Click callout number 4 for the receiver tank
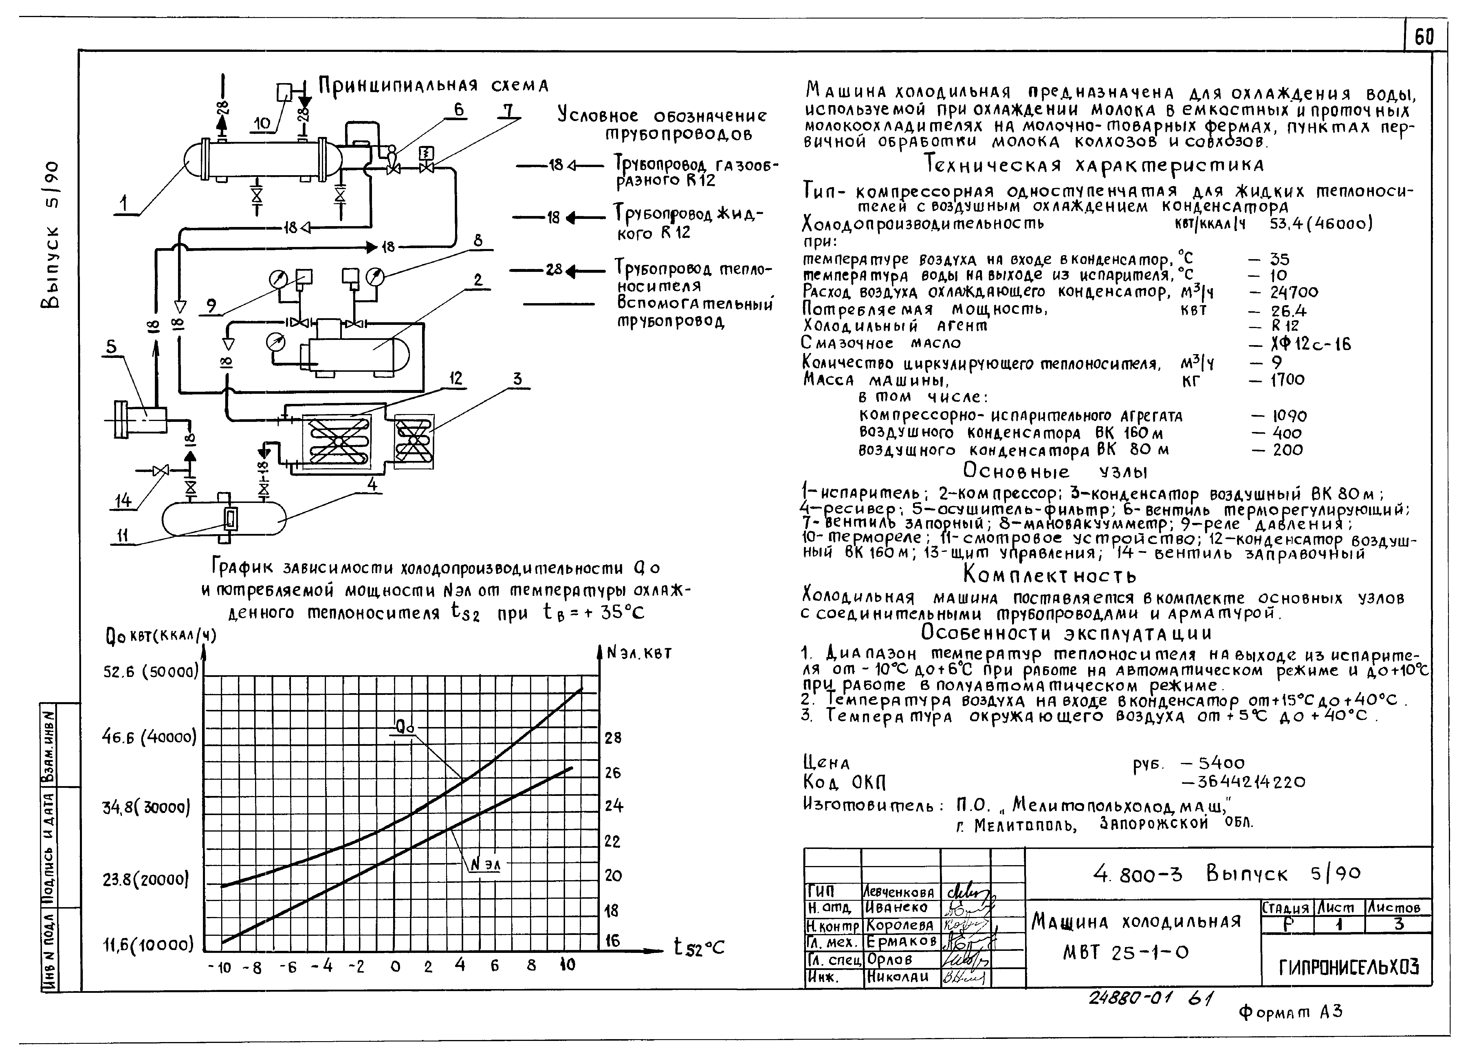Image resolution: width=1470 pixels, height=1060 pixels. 372,484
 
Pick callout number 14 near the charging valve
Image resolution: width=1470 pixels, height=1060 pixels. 122,500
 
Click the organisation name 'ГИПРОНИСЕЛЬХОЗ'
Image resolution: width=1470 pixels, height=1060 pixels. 1348,967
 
